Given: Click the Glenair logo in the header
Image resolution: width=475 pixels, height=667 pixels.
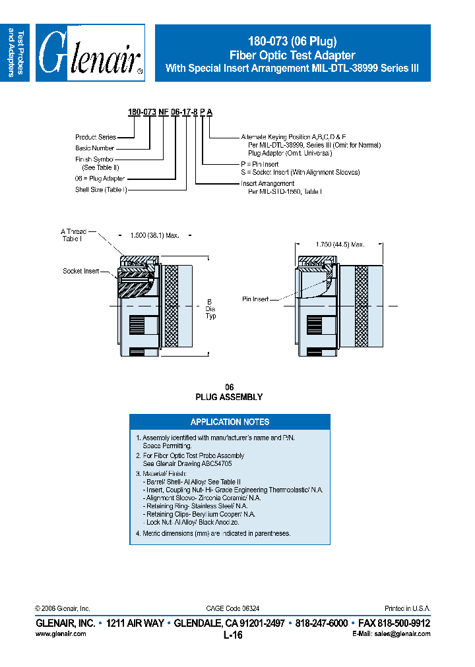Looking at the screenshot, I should pyautogui.click(x=90, y=53).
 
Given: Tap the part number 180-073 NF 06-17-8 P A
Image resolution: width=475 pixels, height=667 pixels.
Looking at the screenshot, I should pyautogui.click(x=170, y=113).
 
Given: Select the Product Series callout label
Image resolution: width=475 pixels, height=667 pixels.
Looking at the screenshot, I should pyautogui.click(x=96, y=137).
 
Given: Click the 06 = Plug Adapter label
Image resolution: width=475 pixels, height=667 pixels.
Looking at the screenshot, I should pyautogui.click(x=100, y=179).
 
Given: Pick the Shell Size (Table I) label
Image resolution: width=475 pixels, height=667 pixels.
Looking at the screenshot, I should pyautogui.click(x=101, y=190).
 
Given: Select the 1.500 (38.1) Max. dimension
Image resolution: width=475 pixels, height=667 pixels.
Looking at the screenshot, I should pyautogui.click(x=154, y=235).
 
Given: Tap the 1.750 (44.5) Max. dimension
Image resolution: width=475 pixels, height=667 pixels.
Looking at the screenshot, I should pyautogui.click(x=340, y=245).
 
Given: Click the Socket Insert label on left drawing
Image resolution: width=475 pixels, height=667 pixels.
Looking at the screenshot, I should pyautogui.click(x=81, y=271).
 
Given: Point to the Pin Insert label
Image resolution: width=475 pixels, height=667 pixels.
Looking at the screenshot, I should pyautogui.click(x=255, y=299).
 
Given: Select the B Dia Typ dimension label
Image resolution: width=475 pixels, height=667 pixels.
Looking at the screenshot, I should pyautogui.click(x=210, y=308).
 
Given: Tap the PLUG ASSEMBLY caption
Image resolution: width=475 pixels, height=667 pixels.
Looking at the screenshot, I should pyautogui.click(x=229, y=397).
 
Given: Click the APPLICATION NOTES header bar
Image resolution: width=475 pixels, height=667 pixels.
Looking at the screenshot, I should pyautogui.click(x=230, y=422).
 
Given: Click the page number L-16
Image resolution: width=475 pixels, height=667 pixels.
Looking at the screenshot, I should pyautogui.click(x=234, y=635).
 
